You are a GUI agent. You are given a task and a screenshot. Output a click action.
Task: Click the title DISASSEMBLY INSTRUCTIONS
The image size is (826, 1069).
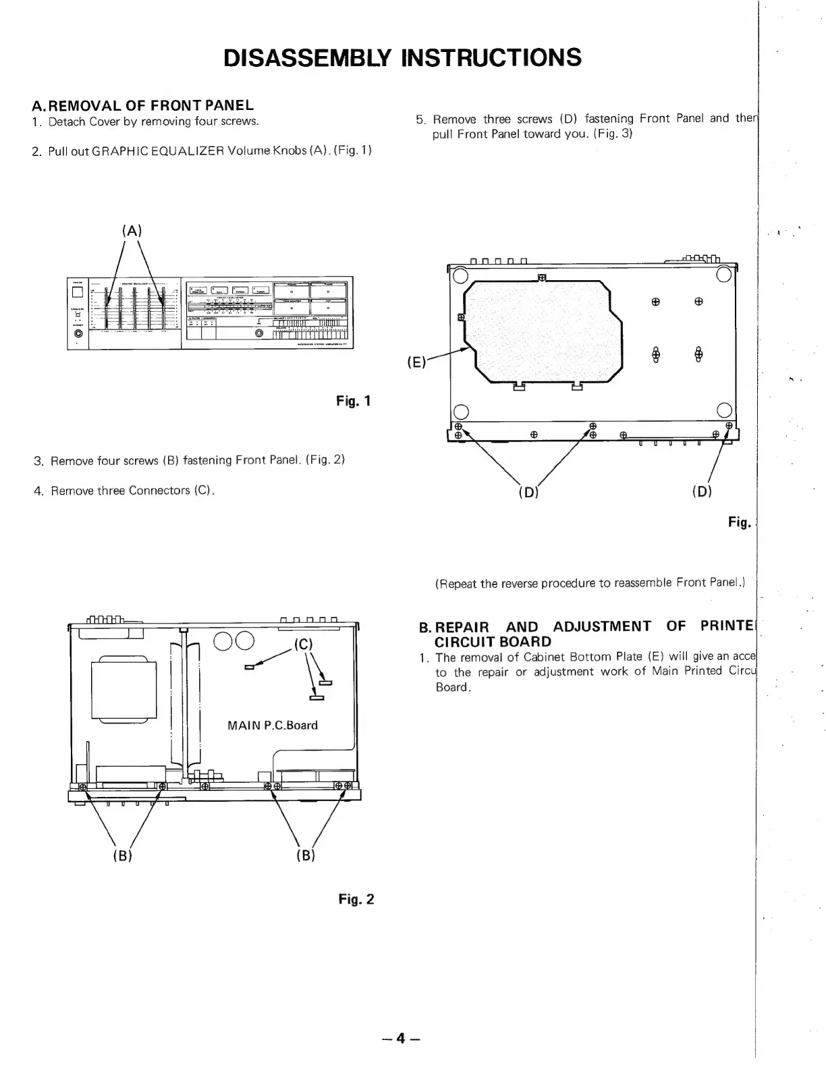[402, 57]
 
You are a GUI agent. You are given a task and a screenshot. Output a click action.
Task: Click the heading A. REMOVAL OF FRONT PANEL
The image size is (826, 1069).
[143, 105]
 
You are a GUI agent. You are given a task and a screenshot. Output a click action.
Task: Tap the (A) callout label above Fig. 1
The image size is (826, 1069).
[132, 230]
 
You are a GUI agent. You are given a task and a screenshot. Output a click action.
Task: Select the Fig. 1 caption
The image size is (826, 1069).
[354, 402]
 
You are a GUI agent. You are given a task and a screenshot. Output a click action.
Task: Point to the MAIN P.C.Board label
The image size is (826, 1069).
[272, 725]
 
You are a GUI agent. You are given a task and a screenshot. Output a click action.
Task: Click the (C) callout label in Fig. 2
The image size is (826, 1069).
[304, 644]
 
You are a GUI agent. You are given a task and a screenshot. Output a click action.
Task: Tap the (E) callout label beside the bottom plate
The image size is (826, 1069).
[416, 362]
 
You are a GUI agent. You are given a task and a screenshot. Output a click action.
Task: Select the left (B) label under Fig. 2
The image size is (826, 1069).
[121, 856]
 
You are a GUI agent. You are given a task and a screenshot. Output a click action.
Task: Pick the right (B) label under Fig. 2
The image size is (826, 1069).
[305, 856]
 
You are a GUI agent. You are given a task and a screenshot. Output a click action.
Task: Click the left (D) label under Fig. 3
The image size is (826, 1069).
[528, 491]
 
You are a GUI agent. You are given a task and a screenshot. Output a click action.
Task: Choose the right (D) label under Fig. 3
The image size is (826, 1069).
[702, 491]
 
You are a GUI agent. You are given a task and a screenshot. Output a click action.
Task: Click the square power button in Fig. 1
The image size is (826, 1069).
[78, 292]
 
